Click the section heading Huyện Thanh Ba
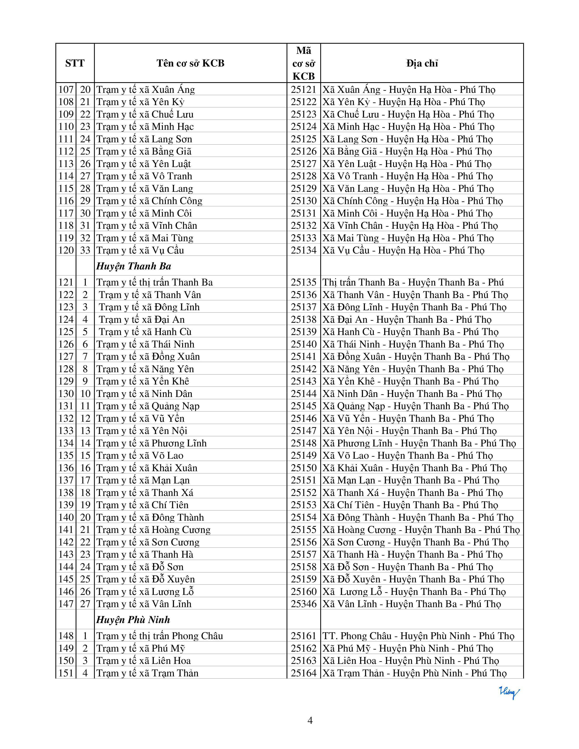tap(134, 266)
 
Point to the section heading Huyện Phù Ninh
tap(133, 620)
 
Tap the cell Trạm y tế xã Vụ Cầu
tap(140, 250)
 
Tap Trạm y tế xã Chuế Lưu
tap(145, 114)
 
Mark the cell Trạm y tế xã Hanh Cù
tap(145, 332)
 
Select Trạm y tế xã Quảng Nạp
tap(148, 406)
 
